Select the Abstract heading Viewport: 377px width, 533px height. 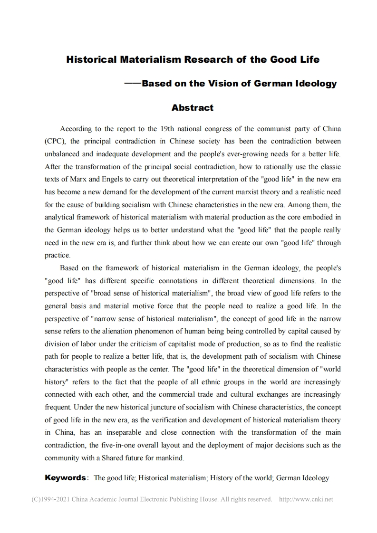click(193, 108)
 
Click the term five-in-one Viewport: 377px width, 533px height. click(117, 446)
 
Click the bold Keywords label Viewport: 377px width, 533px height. click(65, 478)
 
